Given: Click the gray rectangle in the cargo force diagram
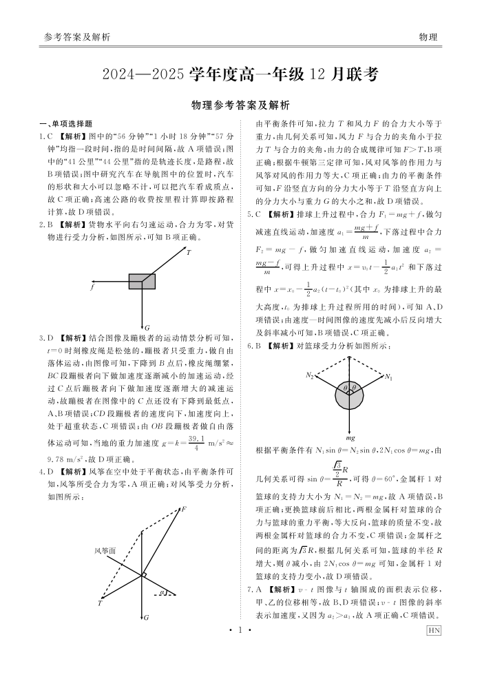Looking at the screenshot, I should (142, 281).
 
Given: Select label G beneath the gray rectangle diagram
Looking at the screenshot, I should (147, 326).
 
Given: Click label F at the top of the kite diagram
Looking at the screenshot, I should (184, 509).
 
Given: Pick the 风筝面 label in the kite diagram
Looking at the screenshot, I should (105, 550).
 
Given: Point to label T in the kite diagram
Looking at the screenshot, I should (100, 603).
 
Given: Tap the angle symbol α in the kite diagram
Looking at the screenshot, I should (161, 592).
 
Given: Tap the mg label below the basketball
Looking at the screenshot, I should (350, 437).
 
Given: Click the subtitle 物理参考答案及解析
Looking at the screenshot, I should (240, 105).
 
